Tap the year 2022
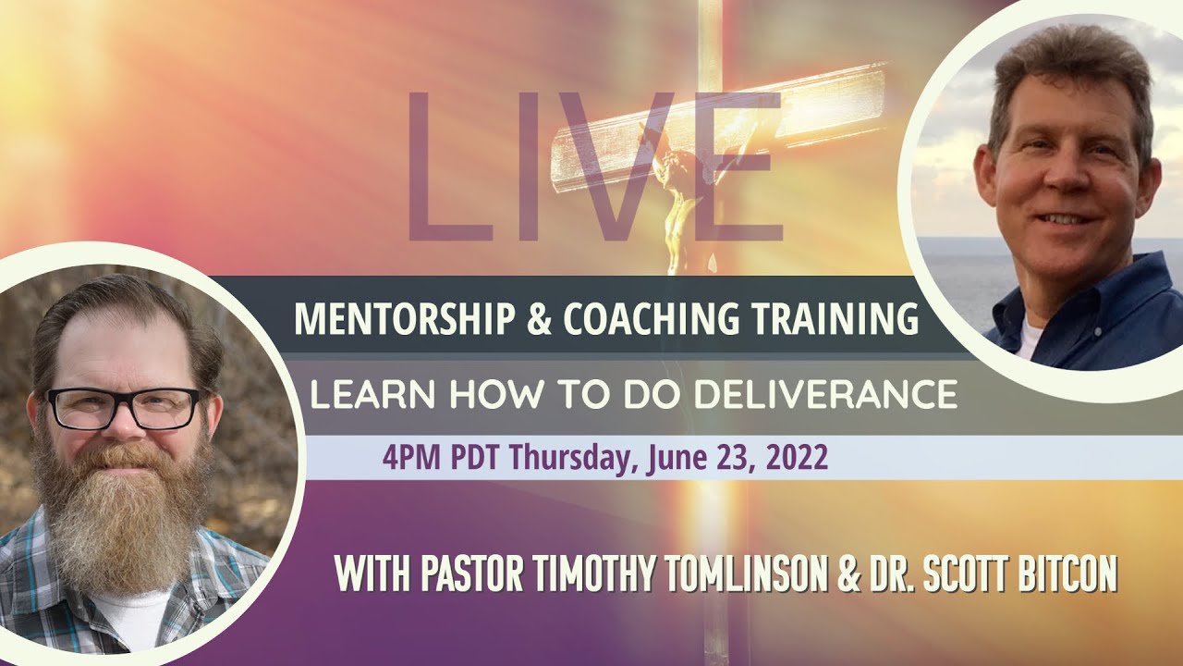pyautogui.click(x=797, y=458)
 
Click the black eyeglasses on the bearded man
pyautogui.click(x=123, y=408)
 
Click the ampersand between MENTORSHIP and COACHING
pyautogui.click(x=543, y=319)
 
